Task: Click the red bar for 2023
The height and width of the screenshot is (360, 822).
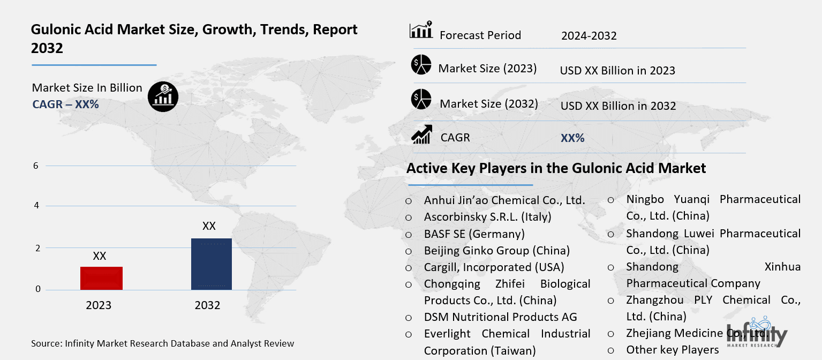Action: pyautogui.click(x=101, y=278)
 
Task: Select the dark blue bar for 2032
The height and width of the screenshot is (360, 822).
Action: pyautogui.click(x=211, y=264)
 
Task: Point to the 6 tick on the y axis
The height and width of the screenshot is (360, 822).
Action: pyautogui.click(x=36, y=166)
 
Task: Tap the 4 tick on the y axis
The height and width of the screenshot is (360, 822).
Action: pyautogui.click(x=36, y=206)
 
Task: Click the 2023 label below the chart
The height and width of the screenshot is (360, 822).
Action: pyautogui.click(x=99, y=305)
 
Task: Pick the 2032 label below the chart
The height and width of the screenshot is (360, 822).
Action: pyautogui.click(x=207, y=305)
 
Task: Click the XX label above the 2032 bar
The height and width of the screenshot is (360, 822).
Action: pyautogui.click(x=209, y=226)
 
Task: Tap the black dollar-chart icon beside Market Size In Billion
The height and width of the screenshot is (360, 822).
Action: pyautogui.click(x=163, y=96)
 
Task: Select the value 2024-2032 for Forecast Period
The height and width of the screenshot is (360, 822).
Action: pyautogui.click(x=589, y=36)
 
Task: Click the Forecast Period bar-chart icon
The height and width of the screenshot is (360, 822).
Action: pyautogui.click(x=421, y=31)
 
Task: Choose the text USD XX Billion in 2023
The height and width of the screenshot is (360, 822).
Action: pyautogui.click(x=617, y=71)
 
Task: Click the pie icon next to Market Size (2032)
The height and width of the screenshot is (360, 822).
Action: pyautogui.click(x=421, y=100)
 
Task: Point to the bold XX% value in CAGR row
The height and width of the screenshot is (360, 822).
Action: pyautogui.click(x=572, y=138)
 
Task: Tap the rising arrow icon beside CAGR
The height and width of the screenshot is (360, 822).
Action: pyautogui.click(x=421, y=134)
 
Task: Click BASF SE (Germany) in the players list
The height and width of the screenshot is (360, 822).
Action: pyautogui.click(x=474, y=234)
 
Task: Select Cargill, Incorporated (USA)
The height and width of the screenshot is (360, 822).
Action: pyautogui.click(x=494, y=267)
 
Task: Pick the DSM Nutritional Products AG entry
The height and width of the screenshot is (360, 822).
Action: pyautogui.click(x=500, y=317)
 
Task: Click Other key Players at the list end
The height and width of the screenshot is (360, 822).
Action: pyautogui.click(x=672, y=350)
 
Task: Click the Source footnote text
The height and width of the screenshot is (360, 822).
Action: pyautogui.click(x=162, y=343)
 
